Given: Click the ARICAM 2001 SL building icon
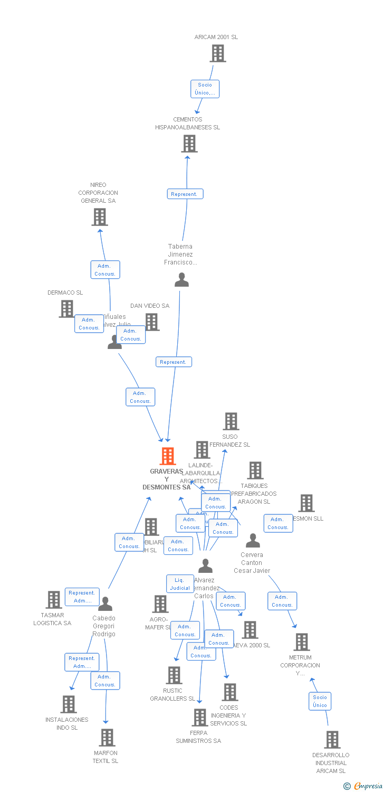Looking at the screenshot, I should point(217,53).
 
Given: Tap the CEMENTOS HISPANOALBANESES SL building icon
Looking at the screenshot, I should point(189,144).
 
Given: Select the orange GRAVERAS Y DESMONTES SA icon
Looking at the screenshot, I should point(167,456).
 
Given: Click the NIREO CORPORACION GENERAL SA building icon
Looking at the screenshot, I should point(99,216).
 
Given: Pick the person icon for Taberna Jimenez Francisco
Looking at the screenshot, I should point(181,280).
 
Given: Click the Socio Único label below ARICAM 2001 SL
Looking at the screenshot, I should point(205,89).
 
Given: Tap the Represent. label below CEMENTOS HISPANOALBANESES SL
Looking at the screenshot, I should point(185,194).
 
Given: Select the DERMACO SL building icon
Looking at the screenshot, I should point(66,309).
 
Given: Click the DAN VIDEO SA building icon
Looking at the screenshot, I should point(152,322).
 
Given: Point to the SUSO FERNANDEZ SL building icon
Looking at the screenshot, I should point(231,421).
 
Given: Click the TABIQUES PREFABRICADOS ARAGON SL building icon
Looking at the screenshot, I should point(255,470).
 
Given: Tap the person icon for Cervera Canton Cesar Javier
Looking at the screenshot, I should point(253,541).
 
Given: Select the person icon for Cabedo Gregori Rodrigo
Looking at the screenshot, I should point(105,604).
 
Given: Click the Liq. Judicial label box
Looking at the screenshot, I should point(180,584).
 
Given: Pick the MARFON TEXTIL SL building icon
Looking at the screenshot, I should point(107,738).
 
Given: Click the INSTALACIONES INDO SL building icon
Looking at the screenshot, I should point(68,704).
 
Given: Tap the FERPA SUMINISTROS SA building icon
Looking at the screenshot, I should point(199,718).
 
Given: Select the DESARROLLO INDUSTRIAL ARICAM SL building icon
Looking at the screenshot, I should point(332,740).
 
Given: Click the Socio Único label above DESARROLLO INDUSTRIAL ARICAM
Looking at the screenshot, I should point(320,701).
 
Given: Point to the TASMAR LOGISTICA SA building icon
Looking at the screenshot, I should point(53,600).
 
